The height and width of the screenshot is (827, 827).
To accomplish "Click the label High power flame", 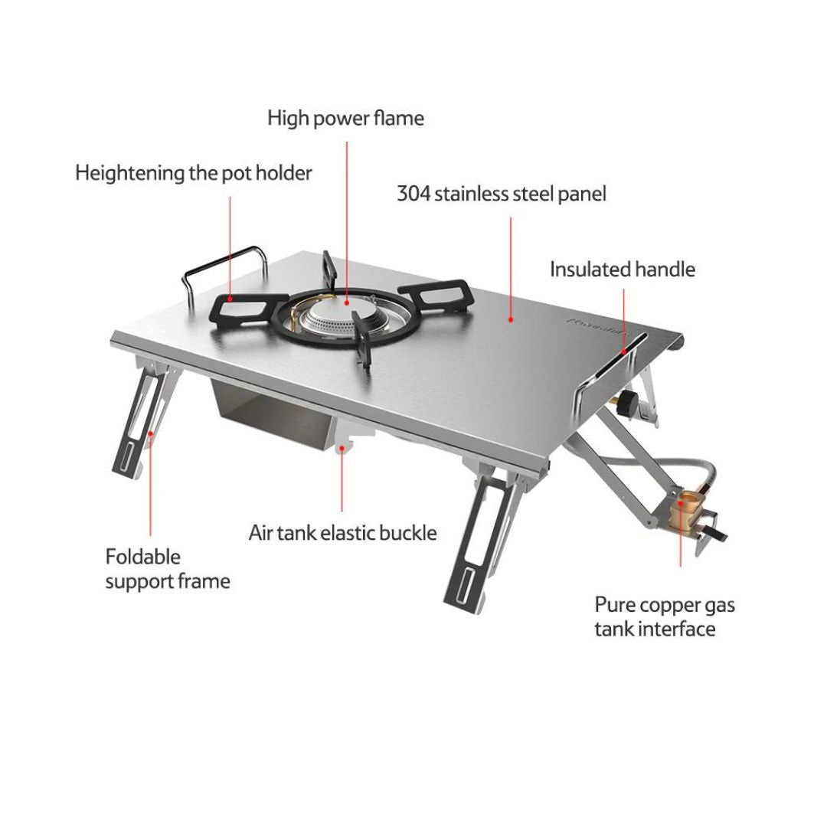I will pyautogui.click(x=345, y=119).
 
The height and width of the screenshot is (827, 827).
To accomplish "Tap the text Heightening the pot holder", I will pyautogui.click(x=194, y=173).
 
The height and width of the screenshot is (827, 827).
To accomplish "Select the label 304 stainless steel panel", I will pyautogui.click(x=501, y=194).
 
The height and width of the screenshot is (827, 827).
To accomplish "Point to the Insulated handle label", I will pyautogui.click(x=622, y=270).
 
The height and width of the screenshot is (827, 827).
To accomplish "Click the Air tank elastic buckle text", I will pyautogui.click(x=342, y=532).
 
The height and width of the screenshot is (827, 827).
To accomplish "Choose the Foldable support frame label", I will pyautogui.click(x=167, y=568).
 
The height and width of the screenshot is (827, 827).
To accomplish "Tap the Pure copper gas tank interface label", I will pyautogui.click(x=664, y=616).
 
